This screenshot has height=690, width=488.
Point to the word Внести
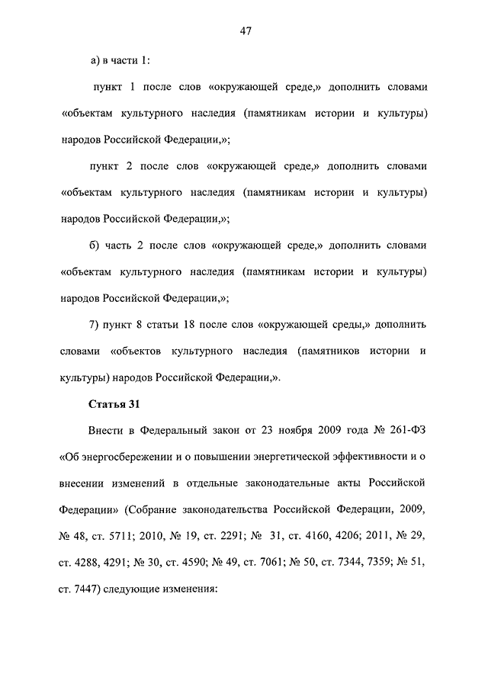click(110, 431)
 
